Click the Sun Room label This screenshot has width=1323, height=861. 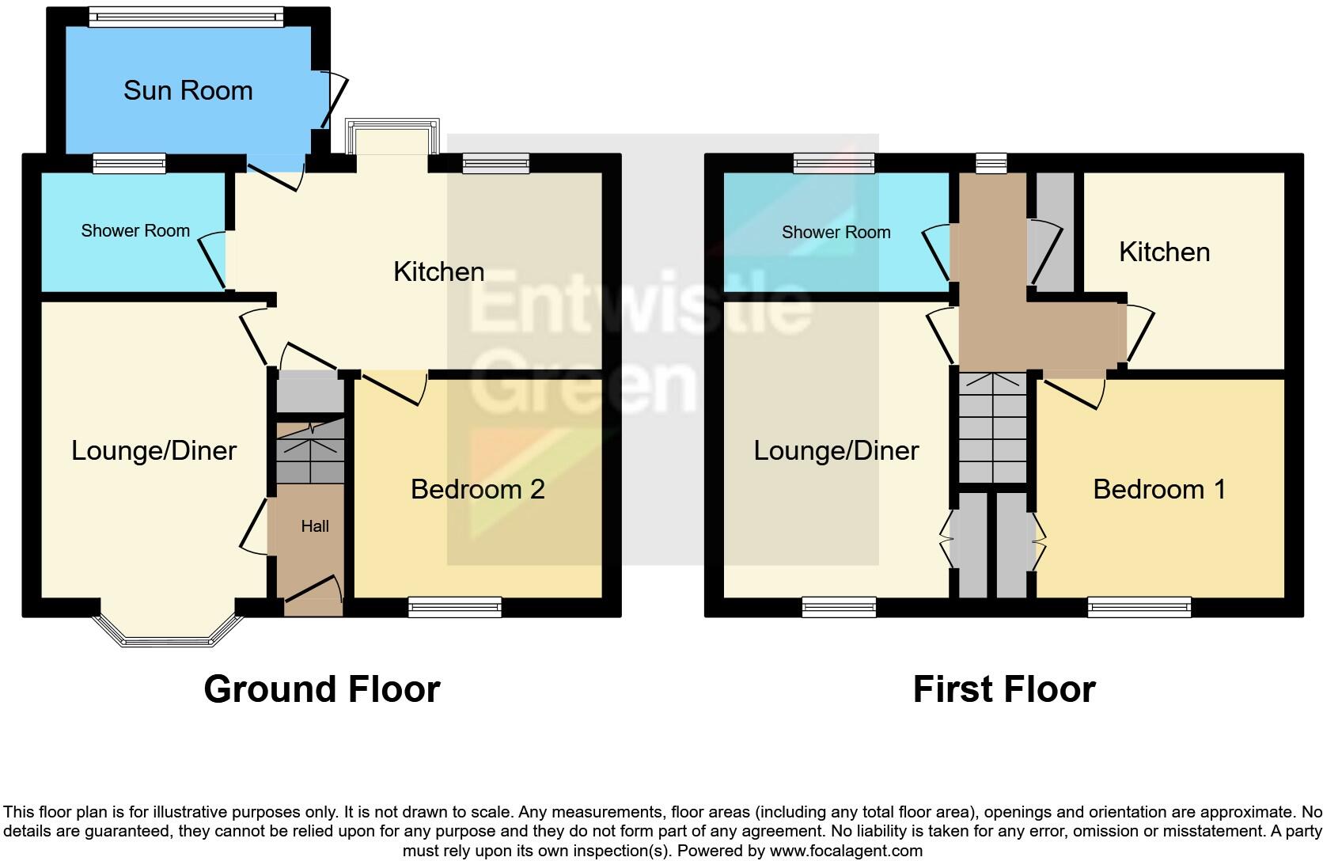click(188, 90)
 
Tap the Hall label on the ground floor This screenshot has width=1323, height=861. click(314, 526)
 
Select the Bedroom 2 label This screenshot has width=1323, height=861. click(477, 489)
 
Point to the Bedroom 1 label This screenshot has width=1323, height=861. click(1158, 489)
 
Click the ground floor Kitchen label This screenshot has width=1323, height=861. click(438, 272)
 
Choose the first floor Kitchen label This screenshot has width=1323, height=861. click(1164, 252)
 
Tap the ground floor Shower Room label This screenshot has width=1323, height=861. click(135, 231)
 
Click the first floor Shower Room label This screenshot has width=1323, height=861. click(836, 233)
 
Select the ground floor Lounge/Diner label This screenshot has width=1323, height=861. click(154, 451)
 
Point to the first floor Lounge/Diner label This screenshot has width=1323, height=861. click(836, 451)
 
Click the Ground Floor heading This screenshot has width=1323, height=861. click(321, 689)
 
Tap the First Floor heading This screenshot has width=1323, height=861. click(1003, 689)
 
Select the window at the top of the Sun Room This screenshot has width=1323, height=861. click(186, 17)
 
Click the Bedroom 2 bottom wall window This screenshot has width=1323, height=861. click(455, 608)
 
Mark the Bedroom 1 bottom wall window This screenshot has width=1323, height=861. click(1139, 608)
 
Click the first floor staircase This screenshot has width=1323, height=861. click(992, 427)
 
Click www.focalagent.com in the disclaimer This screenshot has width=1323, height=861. click(845, 852)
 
